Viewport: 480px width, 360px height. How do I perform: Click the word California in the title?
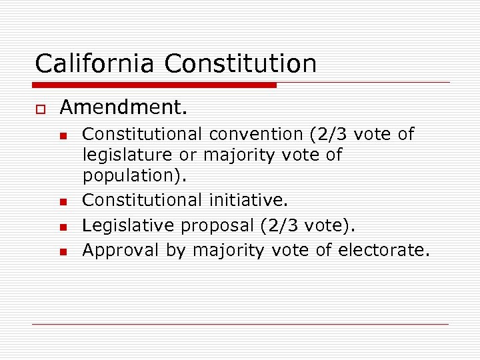96,64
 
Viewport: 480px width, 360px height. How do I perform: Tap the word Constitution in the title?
241,64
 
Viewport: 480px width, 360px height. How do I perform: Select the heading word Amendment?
124,107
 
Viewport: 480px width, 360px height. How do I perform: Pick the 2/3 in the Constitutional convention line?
332,135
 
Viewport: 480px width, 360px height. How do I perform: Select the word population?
133,177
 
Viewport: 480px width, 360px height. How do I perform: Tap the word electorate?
381,250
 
